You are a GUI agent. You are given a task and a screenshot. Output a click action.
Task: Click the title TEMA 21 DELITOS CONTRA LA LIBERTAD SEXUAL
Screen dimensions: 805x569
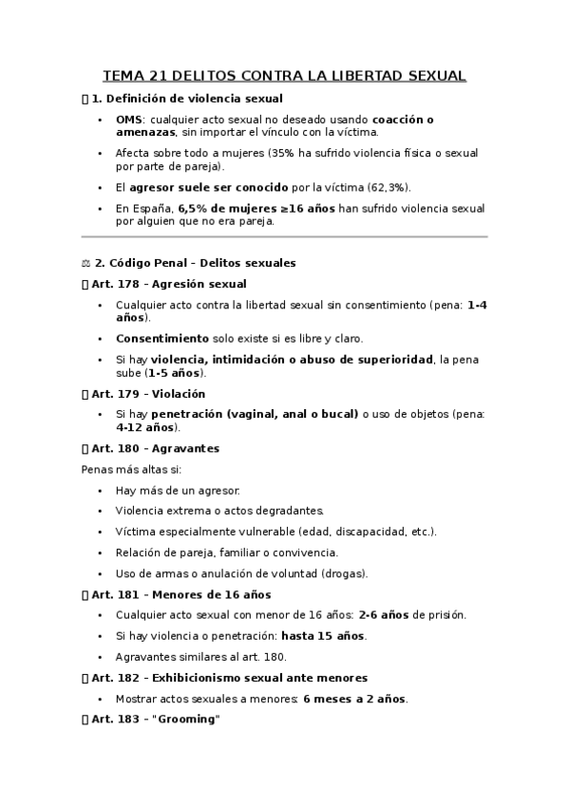284,76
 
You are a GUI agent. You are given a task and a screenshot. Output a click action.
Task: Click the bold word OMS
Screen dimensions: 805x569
129,120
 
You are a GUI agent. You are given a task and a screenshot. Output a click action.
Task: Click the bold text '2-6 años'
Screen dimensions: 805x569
384,615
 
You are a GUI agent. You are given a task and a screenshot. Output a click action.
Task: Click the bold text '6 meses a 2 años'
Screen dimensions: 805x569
353,699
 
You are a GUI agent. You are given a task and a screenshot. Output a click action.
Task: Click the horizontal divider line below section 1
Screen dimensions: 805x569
284,236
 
